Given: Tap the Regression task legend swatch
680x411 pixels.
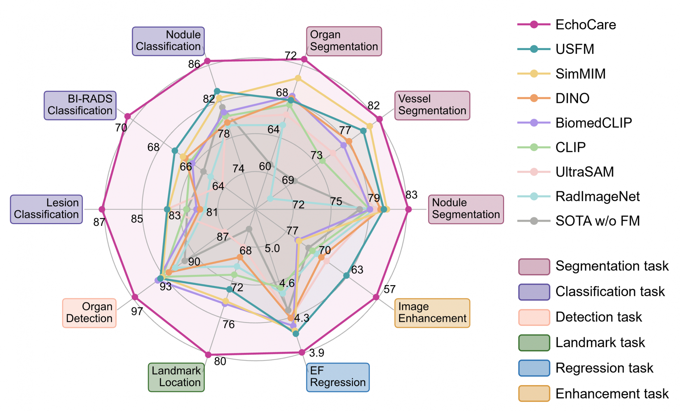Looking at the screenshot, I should coord(534,368).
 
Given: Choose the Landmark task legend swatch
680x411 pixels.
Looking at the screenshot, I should coord(534,343).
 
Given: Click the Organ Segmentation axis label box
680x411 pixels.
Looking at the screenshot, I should coord(344,41).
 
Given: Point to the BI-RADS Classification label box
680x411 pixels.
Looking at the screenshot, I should coord(80,105).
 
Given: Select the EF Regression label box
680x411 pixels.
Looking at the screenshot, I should coord(338,377).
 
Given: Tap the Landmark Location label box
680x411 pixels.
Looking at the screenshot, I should coord(176,377).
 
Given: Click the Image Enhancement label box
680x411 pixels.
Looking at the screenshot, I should coord(432,313).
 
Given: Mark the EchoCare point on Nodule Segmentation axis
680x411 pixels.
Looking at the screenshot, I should coord(408,210).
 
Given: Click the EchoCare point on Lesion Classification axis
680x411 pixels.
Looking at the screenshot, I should coord(102,209).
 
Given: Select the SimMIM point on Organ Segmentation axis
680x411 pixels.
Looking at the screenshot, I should coord(298,78).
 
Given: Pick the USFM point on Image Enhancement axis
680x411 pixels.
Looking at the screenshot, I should coord(346,276).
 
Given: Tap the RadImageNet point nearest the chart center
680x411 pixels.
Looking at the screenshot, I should coord(270,199).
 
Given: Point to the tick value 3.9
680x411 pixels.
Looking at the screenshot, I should coord(316,353).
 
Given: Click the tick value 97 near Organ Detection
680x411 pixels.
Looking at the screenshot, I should coord(137,311).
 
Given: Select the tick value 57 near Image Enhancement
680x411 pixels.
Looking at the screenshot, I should coord(389,289).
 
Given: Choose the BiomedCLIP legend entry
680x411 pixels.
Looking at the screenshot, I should coord(593,123).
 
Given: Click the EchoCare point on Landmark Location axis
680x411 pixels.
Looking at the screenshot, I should coord(208,355).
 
